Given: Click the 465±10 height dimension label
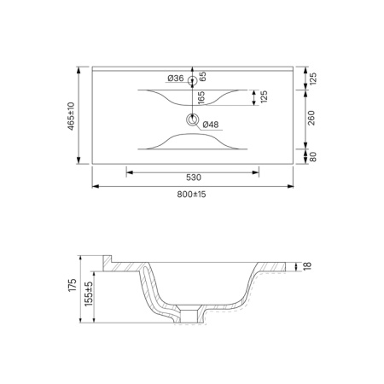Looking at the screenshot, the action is pyautogui.click(x=71, y=116).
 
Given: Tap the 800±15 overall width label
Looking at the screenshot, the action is pyautogui.click(x=191, y=195).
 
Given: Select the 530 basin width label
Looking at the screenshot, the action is pyautogui.click(x=194, y=177).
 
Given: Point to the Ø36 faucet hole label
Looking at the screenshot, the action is pyautogui.click(x=176, y=78).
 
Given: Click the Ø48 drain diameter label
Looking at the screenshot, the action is pyautogui.click(x=211, y=125).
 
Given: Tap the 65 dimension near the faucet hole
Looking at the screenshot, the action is pyautogui.click(x=202, y=77).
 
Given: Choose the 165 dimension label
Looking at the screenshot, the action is pyautogui.click(x=201, y=98).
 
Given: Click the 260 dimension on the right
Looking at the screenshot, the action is pyautogui.click(x=311, y=118).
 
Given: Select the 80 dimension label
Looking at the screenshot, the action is pyautogui.click(x=312, y=157).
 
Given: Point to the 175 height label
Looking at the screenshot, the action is pyautogui.click(x=73, y=285).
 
